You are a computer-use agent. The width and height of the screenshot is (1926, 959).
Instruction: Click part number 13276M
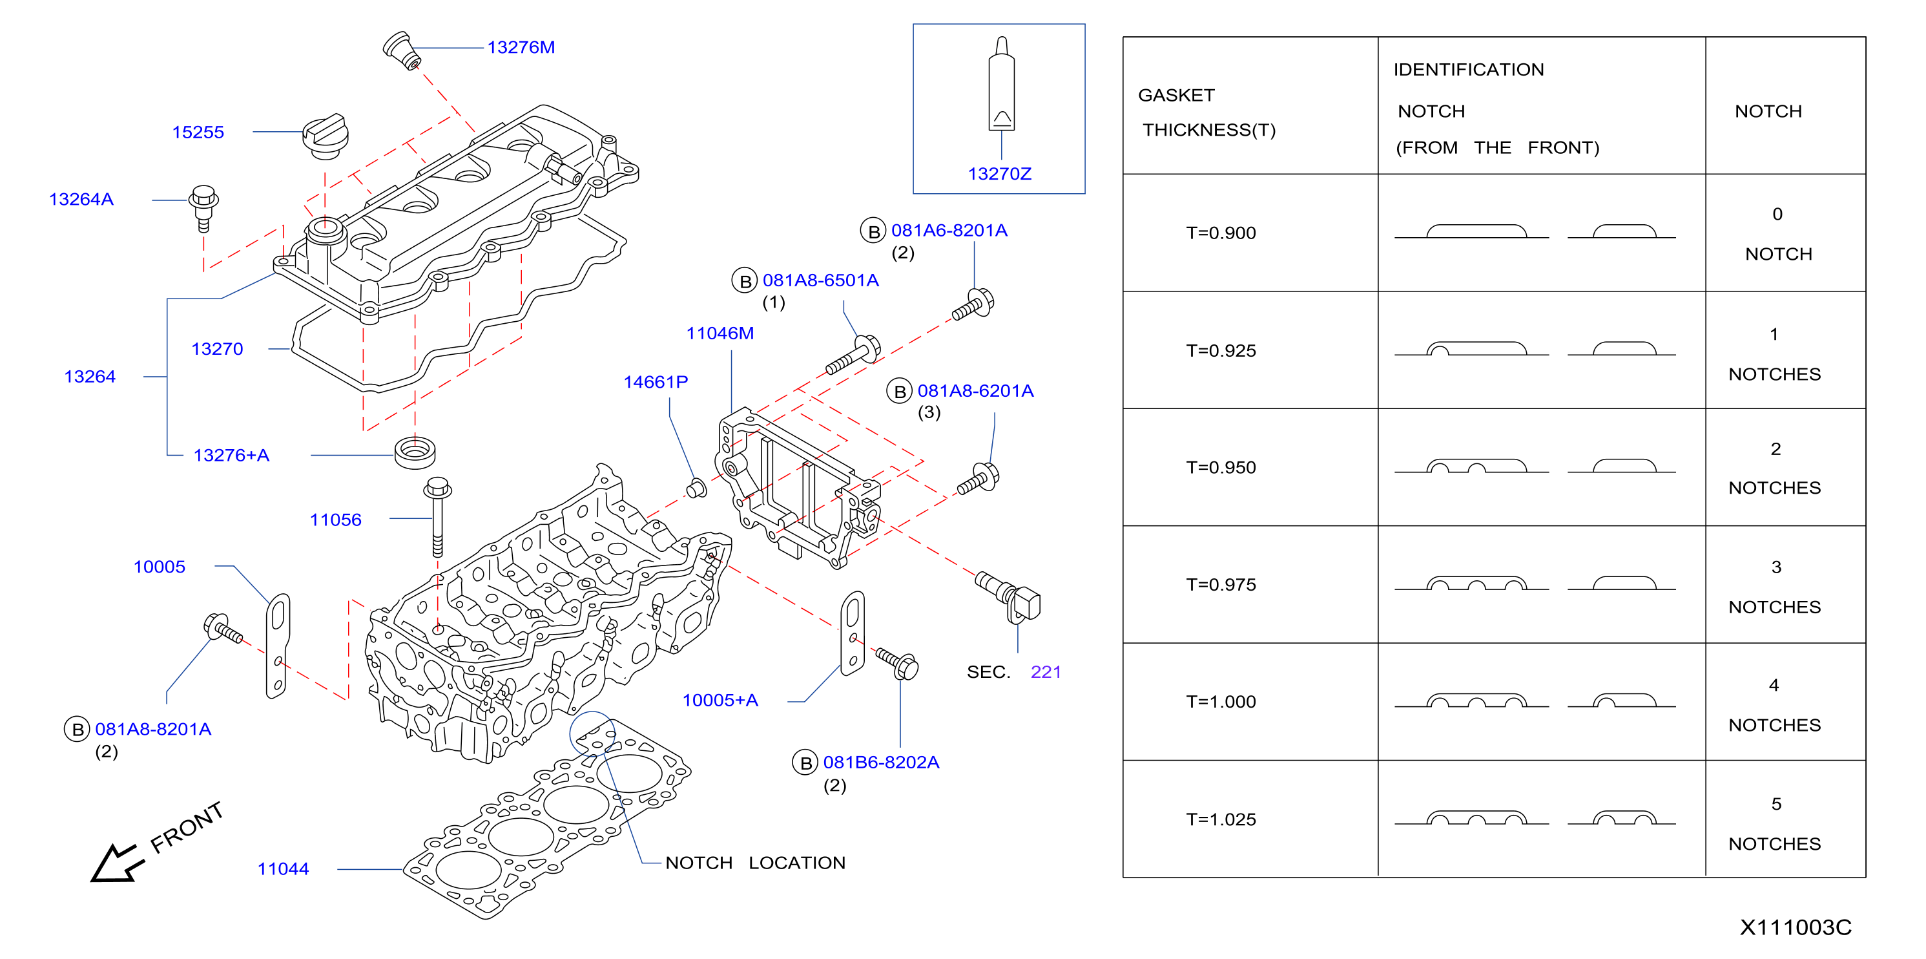[521, 47]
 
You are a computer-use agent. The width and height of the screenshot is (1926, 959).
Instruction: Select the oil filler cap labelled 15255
[326, 137]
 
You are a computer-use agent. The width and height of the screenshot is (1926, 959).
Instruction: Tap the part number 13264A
[81, 199]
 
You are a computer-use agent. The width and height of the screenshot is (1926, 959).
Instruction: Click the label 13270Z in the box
[1000, 174]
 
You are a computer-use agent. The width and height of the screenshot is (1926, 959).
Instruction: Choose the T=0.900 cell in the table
[1221, 233]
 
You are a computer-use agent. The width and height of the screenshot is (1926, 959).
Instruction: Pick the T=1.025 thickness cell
[1221, 819]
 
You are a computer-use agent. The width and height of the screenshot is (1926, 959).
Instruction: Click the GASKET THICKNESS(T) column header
[1208, 112]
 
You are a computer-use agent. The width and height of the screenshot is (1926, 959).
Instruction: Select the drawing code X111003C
[1795, 927]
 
